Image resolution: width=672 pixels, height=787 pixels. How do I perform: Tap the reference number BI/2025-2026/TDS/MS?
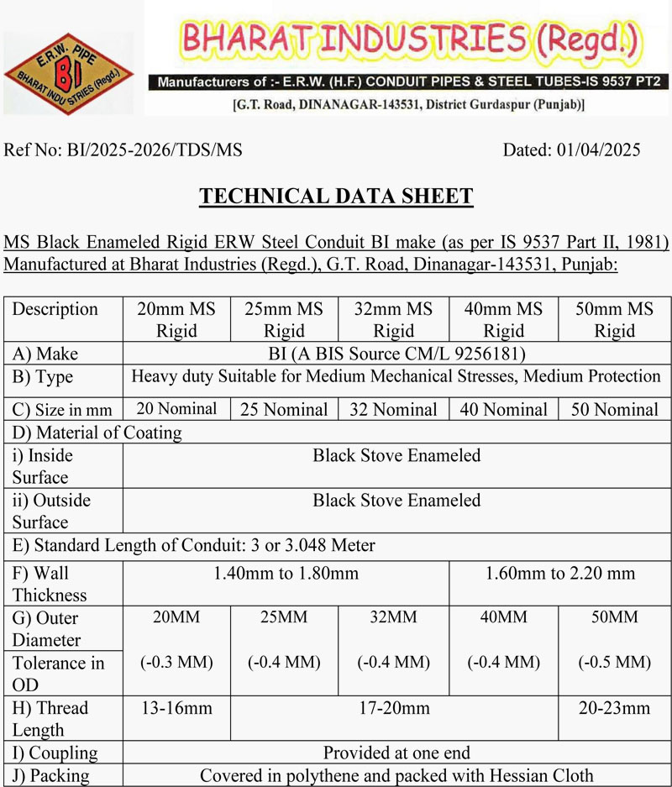coord(123,150)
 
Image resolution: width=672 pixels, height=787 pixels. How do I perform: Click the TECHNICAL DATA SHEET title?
coord(336,197)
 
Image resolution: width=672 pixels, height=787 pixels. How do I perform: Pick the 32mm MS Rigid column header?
coord(394,319)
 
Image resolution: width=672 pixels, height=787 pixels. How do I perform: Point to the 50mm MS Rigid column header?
coord(614,319)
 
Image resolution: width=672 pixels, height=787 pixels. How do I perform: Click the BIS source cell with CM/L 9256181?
coord(396,354)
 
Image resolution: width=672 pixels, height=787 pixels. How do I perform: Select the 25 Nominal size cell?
coord(284,410)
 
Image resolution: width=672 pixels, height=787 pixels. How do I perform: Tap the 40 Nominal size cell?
coord(504,410)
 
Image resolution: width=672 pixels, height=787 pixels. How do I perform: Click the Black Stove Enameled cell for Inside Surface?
coord(396,456)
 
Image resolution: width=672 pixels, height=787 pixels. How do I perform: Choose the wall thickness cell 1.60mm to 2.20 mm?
coord(560,574)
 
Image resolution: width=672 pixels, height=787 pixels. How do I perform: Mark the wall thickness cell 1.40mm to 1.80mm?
coord(286,574)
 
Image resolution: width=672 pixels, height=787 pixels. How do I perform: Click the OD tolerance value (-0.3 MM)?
coord(176,662)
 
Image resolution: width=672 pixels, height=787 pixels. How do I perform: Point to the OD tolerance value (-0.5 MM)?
coord(614,662)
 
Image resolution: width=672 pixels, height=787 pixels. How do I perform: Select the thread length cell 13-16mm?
coord(176,708)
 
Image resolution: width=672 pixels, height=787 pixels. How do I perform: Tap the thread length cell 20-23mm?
coord(614,708)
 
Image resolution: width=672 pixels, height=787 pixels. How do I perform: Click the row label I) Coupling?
coord(55,753)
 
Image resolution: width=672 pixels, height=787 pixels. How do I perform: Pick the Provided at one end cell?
coord(396,753)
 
